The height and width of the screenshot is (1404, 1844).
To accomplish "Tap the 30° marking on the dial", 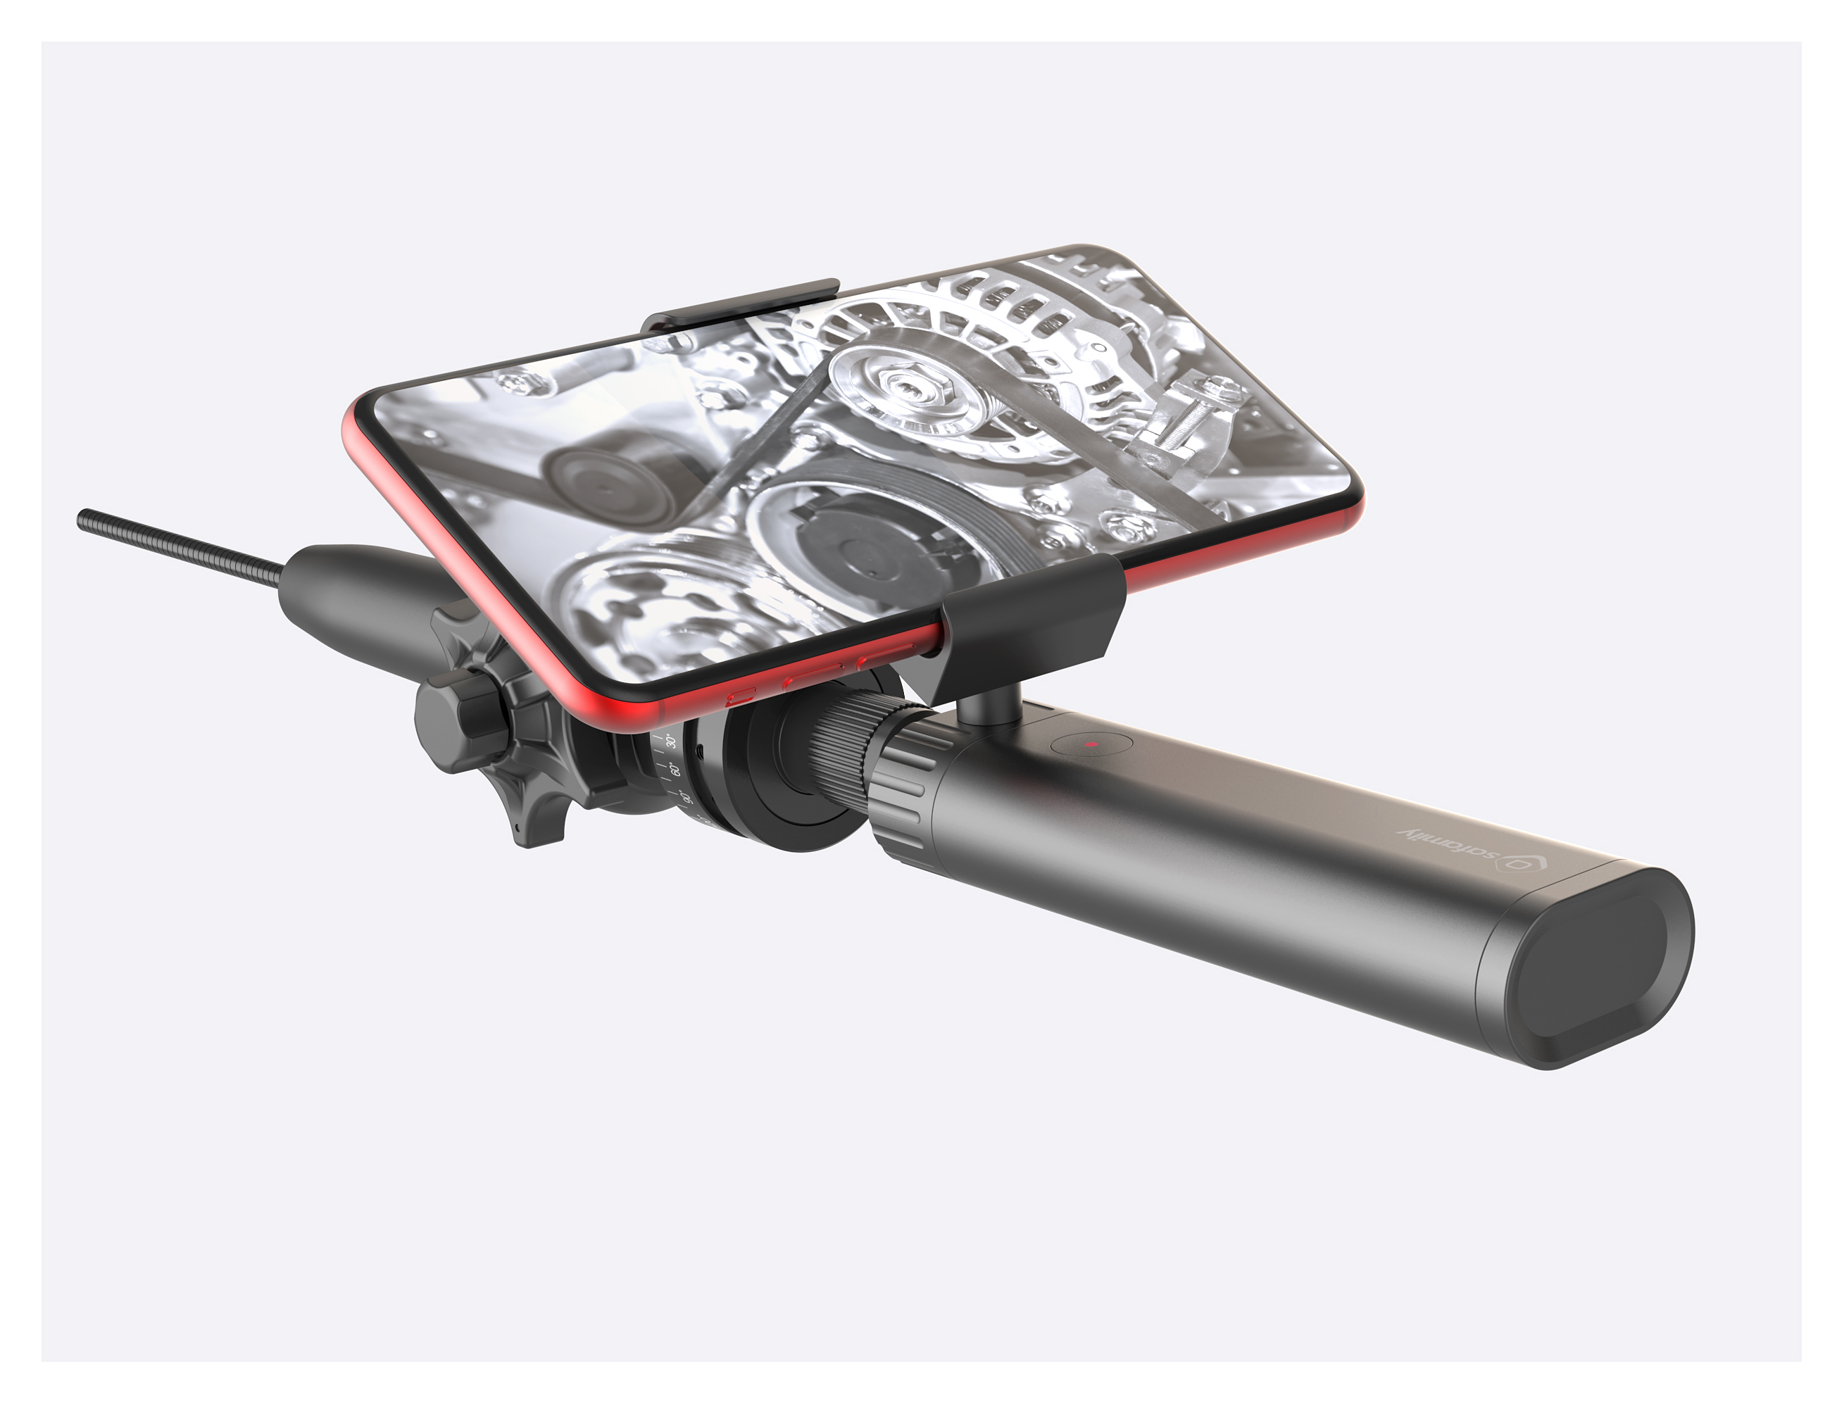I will pyautogui.click(x=670, y=741).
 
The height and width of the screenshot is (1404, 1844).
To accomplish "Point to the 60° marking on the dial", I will pyautogui.click(x=677, y=768).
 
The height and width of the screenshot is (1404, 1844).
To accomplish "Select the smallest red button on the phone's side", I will pyautogui.click(x=740, y=697).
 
